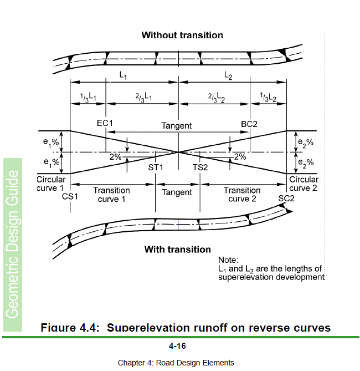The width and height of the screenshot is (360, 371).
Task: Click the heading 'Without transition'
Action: (182, 35)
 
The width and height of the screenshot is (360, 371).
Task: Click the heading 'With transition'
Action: (177, 249)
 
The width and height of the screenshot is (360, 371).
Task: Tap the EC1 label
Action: (105, 123)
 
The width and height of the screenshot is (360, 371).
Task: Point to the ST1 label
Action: (156, 167)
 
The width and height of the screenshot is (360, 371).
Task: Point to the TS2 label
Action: (200, 167)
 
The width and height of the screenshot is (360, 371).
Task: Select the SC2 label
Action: (286, 198)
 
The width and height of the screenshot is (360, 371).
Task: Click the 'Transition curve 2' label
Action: (242, 195)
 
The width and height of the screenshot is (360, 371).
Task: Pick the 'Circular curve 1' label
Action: (51, 184)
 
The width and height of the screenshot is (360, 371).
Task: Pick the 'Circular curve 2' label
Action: (304, 184)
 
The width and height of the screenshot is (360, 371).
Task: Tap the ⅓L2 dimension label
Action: (268, 97)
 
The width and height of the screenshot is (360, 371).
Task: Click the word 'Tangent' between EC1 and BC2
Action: (177, 126)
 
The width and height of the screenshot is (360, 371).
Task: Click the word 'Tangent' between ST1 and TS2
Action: (177, 192)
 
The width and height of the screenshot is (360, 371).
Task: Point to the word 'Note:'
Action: (228, 260)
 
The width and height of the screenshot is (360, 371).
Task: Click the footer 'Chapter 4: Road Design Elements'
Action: (176, 363)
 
